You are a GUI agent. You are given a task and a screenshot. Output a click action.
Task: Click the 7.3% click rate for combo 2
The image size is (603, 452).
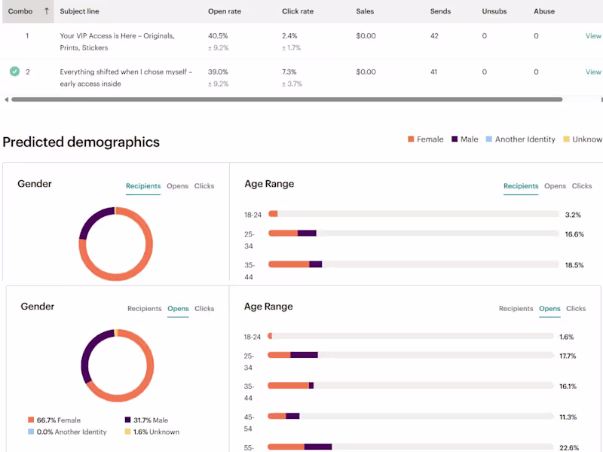pyautogui.click(x=290, y=72)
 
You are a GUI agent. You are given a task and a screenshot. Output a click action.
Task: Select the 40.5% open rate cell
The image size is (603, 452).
pyautogui.click(x=218, y=35)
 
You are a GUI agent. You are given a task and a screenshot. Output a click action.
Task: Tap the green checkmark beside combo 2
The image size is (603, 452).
pyautogui.click(x=14, y=72)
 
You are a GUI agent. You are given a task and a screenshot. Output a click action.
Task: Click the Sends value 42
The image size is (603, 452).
pyautogui.click(x=434, y=35)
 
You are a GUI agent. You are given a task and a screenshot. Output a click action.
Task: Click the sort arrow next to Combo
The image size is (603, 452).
pyautogui.click(x=47, y=11)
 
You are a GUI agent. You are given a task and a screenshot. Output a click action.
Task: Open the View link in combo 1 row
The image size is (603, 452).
pyautogui.click(x=593, y=35)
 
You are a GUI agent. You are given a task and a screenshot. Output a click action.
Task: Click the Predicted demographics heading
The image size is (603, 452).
pyautogui.click(x=81, y=142)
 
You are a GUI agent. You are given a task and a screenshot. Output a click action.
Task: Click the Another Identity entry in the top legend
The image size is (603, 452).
pyautogui.click(x=525, y=139)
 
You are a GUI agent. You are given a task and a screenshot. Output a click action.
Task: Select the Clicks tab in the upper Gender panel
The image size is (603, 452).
pyautogui.click(x=204, y=186)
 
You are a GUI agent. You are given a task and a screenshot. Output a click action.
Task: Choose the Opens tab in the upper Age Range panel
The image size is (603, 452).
pyautogui.click(x=555, y=186)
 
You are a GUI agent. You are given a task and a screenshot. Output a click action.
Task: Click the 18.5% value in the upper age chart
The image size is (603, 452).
pyautogui.click(x=574, y=265)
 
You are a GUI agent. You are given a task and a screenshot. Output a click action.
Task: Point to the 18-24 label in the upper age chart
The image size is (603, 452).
pyautogui.click(x=253, y=215)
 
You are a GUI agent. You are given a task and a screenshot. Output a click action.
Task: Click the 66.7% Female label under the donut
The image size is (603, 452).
pyautogui.click(x=58, y=420)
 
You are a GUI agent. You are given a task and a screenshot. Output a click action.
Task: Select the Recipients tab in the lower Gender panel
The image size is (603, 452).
pyautogui.click(x=144, y=309)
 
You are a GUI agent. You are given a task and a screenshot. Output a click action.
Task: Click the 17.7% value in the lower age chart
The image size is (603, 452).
pyautogui.click(x=568, y=356)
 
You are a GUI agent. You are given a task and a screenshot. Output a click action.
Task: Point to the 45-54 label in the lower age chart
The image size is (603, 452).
pyautogui.click(x=249, y=423)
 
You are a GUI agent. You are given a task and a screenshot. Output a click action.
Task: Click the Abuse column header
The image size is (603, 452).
pyautogui.click(x=543, y=11)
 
